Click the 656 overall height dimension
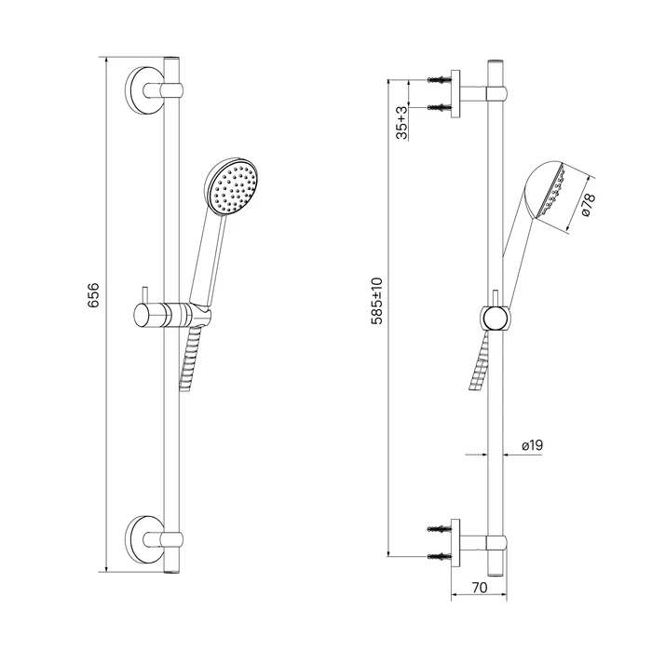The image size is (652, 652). coord(93,295)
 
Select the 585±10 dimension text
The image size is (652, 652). coord(377,301)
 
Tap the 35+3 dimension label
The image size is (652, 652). coord(402,123)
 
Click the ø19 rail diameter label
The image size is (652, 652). coord(532,445)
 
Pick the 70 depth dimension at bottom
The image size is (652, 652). coord(480,588)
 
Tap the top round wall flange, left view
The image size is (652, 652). coord(143,89)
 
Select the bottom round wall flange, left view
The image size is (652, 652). coord(143,539)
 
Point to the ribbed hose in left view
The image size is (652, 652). coord(190,359)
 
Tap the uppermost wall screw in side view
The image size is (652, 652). coord(439,79)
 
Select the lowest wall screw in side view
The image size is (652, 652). coord(439,556)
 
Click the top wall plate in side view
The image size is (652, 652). coord(455,93)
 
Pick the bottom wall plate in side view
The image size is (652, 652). coord(455,543)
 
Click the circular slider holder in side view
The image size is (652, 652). coord(495,319)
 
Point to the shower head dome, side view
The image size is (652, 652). coord(544,189)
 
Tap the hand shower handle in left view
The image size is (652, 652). coord(208,259)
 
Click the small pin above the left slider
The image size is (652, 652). coord(143,295)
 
